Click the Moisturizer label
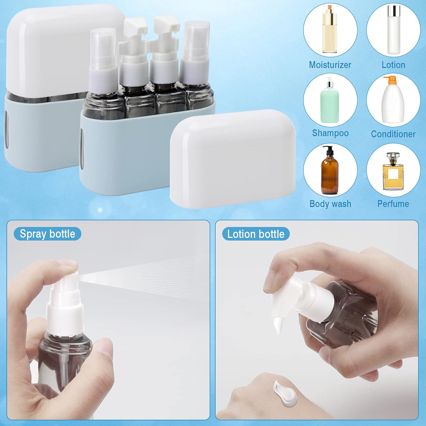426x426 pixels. pos(330,65)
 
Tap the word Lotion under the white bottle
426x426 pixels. pos(393,65)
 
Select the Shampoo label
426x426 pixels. pos(330,133)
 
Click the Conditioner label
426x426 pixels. pos(393,134)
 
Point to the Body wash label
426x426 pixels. pos(330,204)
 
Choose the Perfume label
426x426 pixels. pos(393,204)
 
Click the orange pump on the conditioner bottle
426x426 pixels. pos(390,78)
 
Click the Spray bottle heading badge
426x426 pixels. pos(47,234)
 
